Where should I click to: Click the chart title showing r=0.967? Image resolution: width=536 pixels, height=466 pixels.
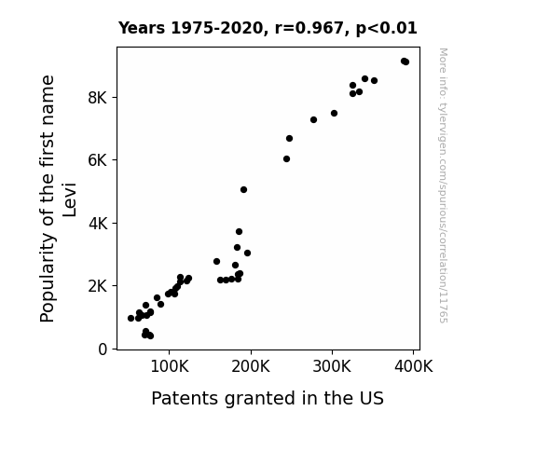[x=268, y=28]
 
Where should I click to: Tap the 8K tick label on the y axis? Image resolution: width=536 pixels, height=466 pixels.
[x=98, y=98]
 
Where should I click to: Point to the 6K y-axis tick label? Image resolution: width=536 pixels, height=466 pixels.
[x=98, y=160]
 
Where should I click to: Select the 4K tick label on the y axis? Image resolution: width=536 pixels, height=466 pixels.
[x=98, y=224]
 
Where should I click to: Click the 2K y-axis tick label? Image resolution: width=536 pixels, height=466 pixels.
[x=98, y=286]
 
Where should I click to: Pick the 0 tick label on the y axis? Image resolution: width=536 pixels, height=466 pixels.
[x=103, y=349]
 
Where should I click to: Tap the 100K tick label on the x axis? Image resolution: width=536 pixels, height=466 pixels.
[x=170, y=366]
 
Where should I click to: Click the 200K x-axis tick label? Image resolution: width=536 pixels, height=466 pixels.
[x=251, y=366]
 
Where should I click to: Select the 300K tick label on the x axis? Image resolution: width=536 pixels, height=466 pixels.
[x=332, y=366]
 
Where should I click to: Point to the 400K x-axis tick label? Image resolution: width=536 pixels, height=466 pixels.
[x=413, y=366]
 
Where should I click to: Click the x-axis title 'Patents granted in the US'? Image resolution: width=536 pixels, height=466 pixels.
[x=268, y=398]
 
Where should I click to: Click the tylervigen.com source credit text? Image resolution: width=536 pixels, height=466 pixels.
[x=444, y=185]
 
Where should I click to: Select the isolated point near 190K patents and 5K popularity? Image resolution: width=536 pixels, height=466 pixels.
[x=243, y=190]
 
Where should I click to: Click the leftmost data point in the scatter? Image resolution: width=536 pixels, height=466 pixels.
[x=131, y=319]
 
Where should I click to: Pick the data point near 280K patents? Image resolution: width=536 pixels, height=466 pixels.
[x=314, y=119]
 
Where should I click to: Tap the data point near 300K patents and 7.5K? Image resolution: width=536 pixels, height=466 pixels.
[x=335, y=113]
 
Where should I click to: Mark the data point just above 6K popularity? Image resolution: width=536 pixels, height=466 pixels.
[x=287, y=159]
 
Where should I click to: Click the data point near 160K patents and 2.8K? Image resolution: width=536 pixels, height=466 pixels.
[x=216, y=262]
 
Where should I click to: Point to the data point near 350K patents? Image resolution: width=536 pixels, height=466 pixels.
[x=375, y=81]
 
